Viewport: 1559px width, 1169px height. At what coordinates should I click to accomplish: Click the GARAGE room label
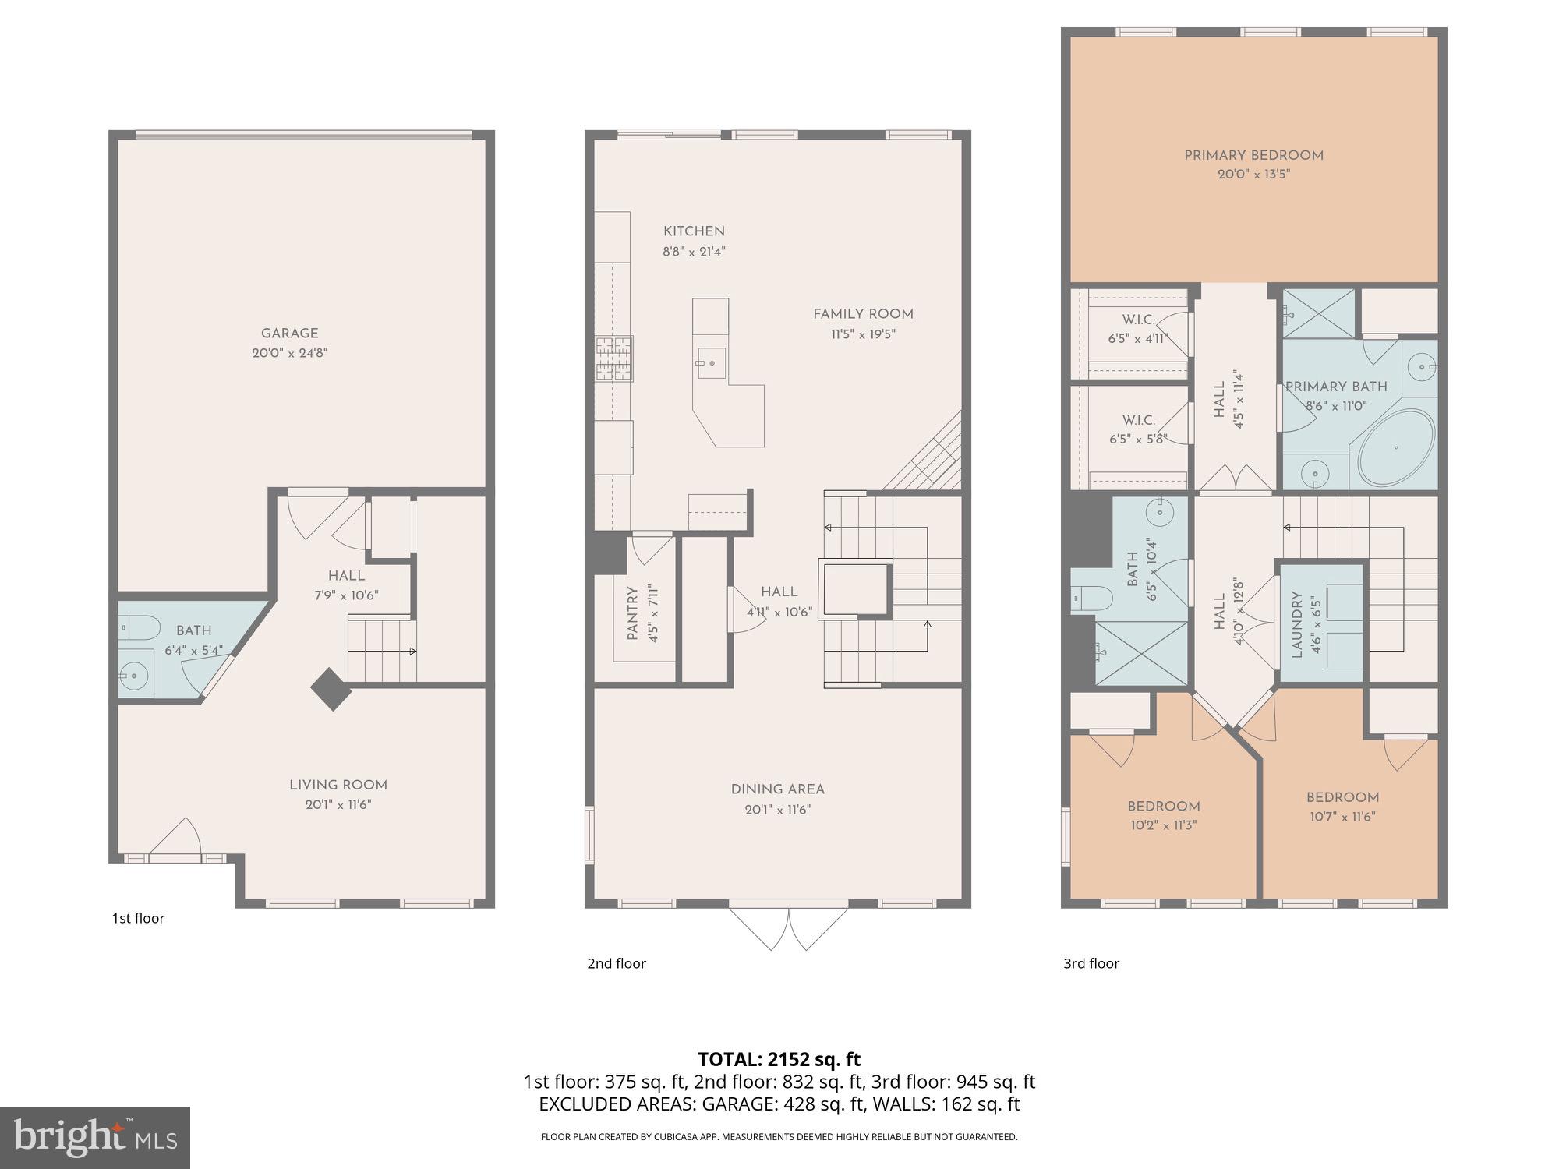click(289, 334)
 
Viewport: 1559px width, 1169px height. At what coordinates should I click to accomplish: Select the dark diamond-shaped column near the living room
click(331, 689)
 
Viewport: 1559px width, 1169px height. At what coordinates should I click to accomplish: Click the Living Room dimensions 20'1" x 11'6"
click(338, 805)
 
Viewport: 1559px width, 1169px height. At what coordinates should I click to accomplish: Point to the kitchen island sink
click(711, 362)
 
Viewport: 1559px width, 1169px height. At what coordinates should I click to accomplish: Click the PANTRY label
click(632, 614)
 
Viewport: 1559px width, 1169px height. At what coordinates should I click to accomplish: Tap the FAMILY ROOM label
click(863, 314)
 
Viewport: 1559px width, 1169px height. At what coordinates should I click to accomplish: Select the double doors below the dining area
click(788, 927)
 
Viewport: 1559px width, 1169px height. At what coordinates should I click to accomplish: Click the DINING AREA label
click(777, 789)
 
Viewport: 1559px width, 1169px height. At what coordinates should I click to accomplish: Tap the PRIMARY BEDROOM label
click(1253, 155)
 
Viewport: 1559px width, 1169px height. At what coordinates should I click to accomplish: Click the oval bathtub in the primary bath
click(1396, 449)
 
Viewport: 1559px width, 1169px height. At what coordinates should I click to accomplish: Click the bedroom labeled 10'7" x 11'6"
click(1342, 807)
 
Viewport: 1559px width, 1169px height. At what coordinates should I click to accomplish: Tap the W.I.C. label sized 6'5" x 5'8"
click(1138, 429)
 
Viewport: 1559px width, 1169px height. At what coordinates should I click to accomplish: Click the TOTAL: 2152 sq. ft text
click(779, 1059)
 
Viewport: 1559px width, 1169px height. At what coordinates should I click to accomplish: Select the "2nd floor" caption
click(617, 963)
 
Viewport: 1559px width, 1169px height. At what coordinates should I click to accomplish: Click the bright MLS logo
click(94, 1137)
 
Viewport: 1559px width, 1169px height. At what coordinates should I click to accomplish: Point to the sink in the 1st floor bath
click(136, 676)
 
